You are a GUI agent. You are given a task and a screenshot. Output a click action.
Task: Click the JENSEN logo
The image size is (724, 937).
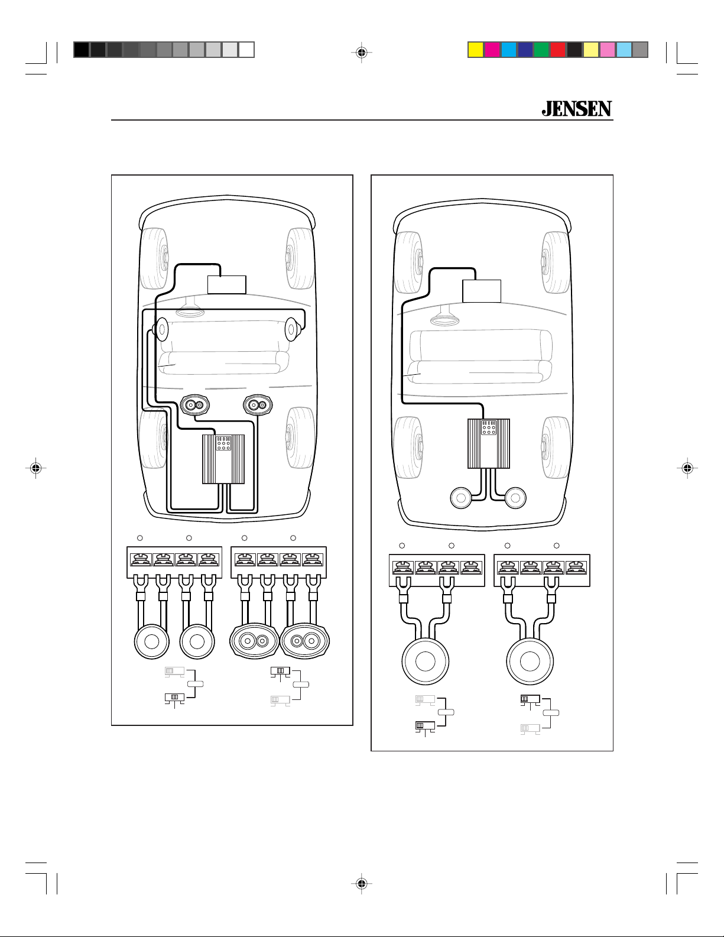point(577,109)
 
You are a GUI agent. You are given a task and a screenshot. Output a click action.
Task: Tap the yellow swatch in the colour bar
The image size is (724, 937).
point(475,50)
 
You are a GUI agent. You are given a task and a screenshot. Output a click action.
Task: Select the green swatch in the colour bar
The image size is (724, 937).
point(541,50)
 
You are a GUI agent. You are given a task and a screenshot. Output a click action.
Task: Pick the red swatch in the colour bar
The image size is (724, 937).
point(558,50)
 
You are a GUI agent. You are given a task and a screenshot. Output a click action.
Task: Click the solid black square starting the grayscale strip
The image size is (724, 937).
point(82,50)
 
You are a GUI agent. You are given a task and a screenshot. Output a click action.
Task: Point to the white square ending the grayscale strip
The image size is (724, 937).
point(246,50)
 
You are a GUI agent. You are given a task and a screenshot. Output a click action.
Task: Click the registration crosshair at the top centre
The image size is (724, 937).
point(362,53)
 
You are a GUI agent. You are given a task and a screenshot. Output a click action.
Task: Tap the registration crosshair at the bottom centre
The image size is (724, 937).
point(362,884)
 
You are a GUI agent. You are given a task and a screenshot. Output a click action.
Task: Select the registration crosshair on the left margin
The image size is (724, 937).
point(36,468)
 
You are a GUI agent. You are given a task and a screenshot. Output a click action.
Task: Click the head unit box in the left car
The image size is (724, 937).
point(227,284)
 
